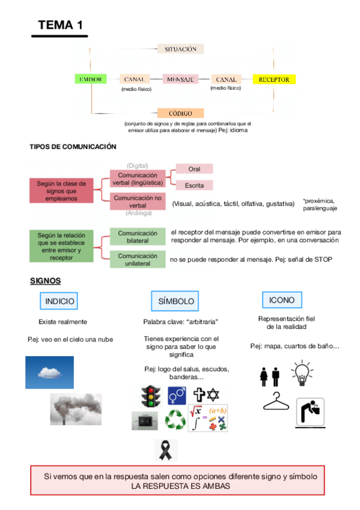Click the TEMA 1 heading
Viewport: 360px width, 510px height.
pos(60,25)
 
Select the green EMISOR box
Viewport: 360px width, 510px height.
pos(90,79)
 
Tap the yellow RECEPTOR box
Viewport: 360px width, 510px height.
pos(274,79)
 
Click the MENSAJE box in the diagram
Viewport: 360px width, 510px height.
pos(180,79)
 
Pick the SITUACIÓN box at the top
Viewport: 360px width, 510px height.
pos(180,49)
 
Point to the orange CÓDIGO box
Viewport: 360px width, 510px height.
pos(180,113)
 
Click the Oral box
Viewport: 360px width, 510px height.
pos(194,169)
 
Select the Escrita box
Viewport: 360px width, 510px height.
pos(194,185)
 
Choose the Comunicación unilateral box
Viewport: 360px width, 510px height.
pos(138,259)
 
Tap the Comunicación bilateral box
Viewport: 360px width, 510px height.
pos(138,236)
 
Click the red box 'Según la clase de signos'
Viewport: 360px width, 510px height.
pos(61,191)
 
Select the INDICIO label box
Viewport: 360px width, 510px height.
pos(60,301)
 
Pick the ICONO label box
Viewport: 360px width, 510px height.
pos(282,300)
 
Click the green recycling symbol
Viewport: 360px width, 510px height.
pos(175,419)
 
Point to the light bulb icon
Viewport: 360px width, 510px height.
pos(301,372)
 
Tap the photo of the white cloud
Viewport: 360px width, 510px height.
pos(49,372)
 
